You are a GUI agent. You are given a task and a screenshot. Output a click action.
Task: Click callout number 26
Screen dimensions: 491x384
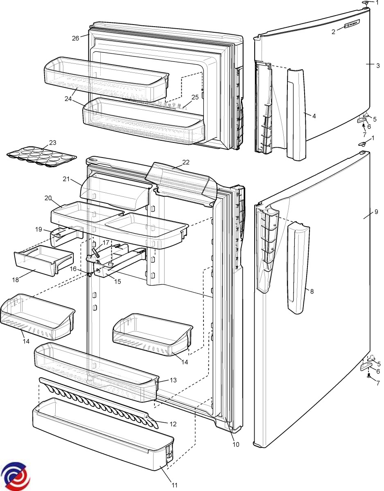[x=75, y=38]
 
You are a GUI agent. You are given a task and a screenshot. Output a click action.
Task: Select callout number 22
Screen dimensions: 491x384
[x=186, y=162]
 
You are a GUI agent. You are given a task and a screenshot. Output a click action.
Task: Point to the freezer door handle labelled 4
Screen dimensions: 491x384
[x=297, y=115]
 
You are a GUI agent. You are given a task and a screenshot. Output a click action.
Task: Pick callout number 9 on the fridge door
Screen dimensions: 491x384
[x=376, y=212]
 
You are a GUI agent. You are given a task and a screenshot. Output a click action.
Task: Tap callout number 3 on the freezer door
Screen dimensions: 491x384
[x=378, y=65]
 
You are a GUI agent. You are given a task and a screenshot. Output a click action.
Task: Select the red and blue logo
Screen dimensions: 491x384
[x=15, y=475]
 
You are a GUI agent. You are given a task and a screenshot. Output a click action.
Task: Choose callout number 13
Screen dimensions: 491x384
[x=173, y=380]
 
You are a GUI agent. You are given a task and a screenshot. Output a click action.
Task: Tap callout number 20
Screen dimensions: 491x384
[x=47, y=198]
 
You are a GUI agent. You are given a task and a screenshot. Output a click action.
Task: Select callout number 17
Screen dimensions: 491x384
[x=106, y=242]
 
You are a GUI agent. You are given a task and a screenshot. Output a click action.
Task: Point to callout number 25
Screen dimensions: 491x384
[x=195, y=97]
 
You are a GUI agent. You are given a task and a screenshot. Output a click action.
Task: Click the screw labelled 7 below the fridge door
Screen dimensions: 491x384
[x=368, y=375]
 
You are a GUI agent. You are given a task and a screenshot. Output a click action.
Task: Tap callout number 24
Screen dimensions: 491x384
[x=68, y=98]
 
